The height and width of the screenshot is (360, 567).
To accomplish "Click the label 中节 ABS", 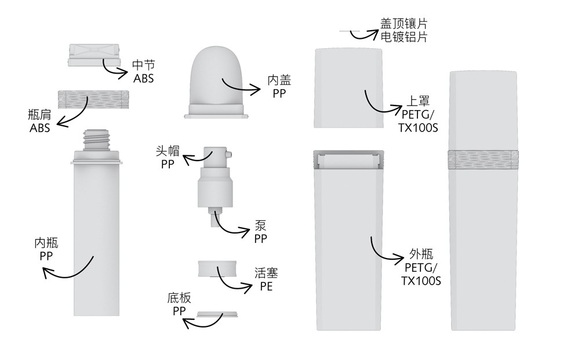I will [143, 71].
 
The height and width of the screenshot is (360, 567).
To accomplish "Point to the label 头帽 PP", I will [168, 157].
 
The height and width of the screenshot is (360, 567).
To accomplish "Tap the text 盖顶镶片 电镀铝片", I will [404, 30].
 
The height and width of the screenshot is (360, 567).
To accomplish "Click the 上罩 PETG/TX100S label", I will [417, 115].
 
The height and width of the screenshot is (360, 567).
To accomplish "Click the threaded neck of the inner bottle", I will [96, 140].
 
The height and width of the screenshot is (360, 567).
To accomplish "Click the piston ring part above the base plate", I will [217, 270].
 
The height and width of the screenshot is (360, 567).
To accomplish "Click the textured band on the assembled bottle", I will [483, 159].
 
